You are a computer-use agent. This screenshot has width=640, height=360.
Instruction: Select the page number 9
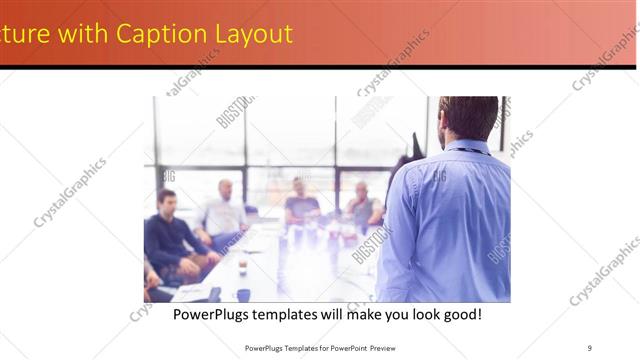590,347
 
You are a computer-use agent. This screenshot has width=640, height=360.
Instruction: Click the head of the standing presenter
467,118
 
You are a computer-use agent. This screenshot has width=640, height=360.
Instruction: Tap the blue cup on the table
243,295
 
